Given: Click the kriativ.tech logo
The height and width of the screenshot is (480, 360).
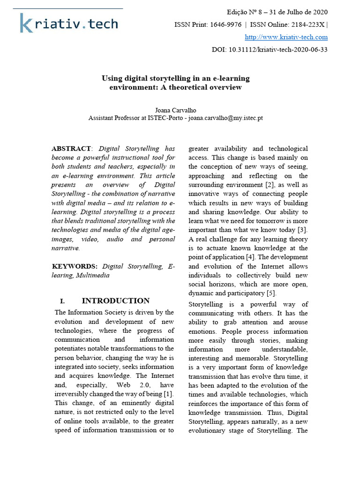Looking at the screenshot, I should click(68, 23).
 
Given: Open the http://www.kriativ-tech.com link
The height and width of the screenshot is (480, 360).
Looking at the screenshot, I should click(286, 37).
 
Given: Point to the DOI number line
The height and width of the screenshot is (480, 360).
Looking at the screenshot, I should click(269, 50).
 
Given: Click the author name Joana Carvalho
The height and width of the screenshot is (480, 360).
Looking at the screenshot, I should click(176, 110).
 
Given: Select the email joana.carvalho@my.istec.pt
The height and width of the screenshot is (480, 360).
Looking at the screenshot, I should click(225, 118).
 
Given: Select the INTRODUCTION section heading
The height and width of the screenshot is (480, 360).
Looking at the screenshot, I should click(115, 301).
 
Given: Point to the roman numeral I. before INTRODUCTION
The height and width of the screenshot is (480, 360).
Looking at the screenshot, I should click(62, 301).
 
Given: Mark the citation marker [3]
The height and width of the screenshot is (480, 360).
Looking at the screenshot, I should click(302, 230).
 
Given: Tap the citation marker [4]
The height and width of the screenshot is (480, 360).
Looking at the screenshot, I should click(251, 257).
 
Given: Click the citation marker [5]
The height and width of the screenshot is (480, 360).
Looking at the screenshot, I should click(271, 293).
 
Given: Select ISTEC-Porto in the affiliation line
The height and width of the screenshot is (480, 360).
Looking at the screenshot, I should click(168, 118).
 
